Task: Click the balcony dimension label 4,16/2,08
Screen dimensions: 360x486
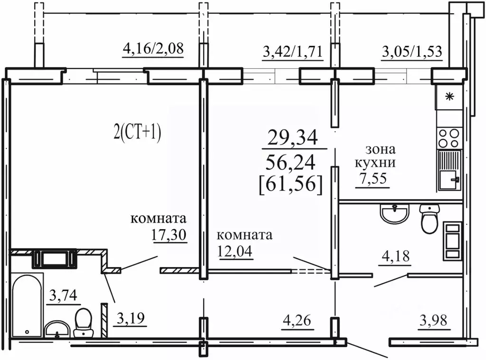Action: (153, 49)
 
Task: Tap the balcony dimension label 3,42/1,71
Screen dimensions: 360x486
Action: (292, 51)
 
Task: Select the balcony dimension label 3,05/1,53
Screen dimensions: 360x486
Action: (412, 51)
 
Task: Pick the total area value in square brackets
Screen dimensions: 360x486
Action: (291, 183)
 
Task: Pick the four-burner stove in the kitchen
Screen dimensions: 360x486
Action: (449, 138)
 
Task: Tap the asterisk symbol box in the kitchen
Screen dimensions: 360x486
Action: (449, 98)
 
